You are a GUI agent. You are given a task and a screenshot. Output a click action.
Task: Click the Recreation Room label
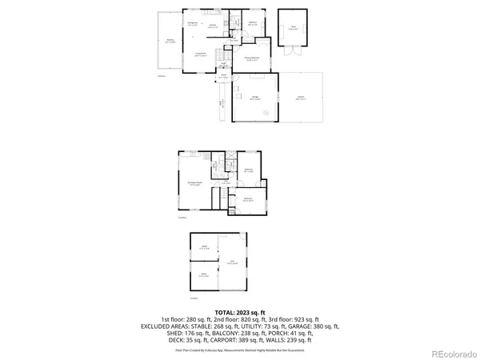click(x=194, y=184)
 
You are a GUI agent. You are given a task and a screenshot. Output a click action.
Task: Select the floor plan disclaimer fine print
click(x=239, y=350)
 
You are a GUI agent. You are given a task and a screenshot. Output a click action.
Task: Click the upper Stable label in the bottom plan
click(x=205, y=247)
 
